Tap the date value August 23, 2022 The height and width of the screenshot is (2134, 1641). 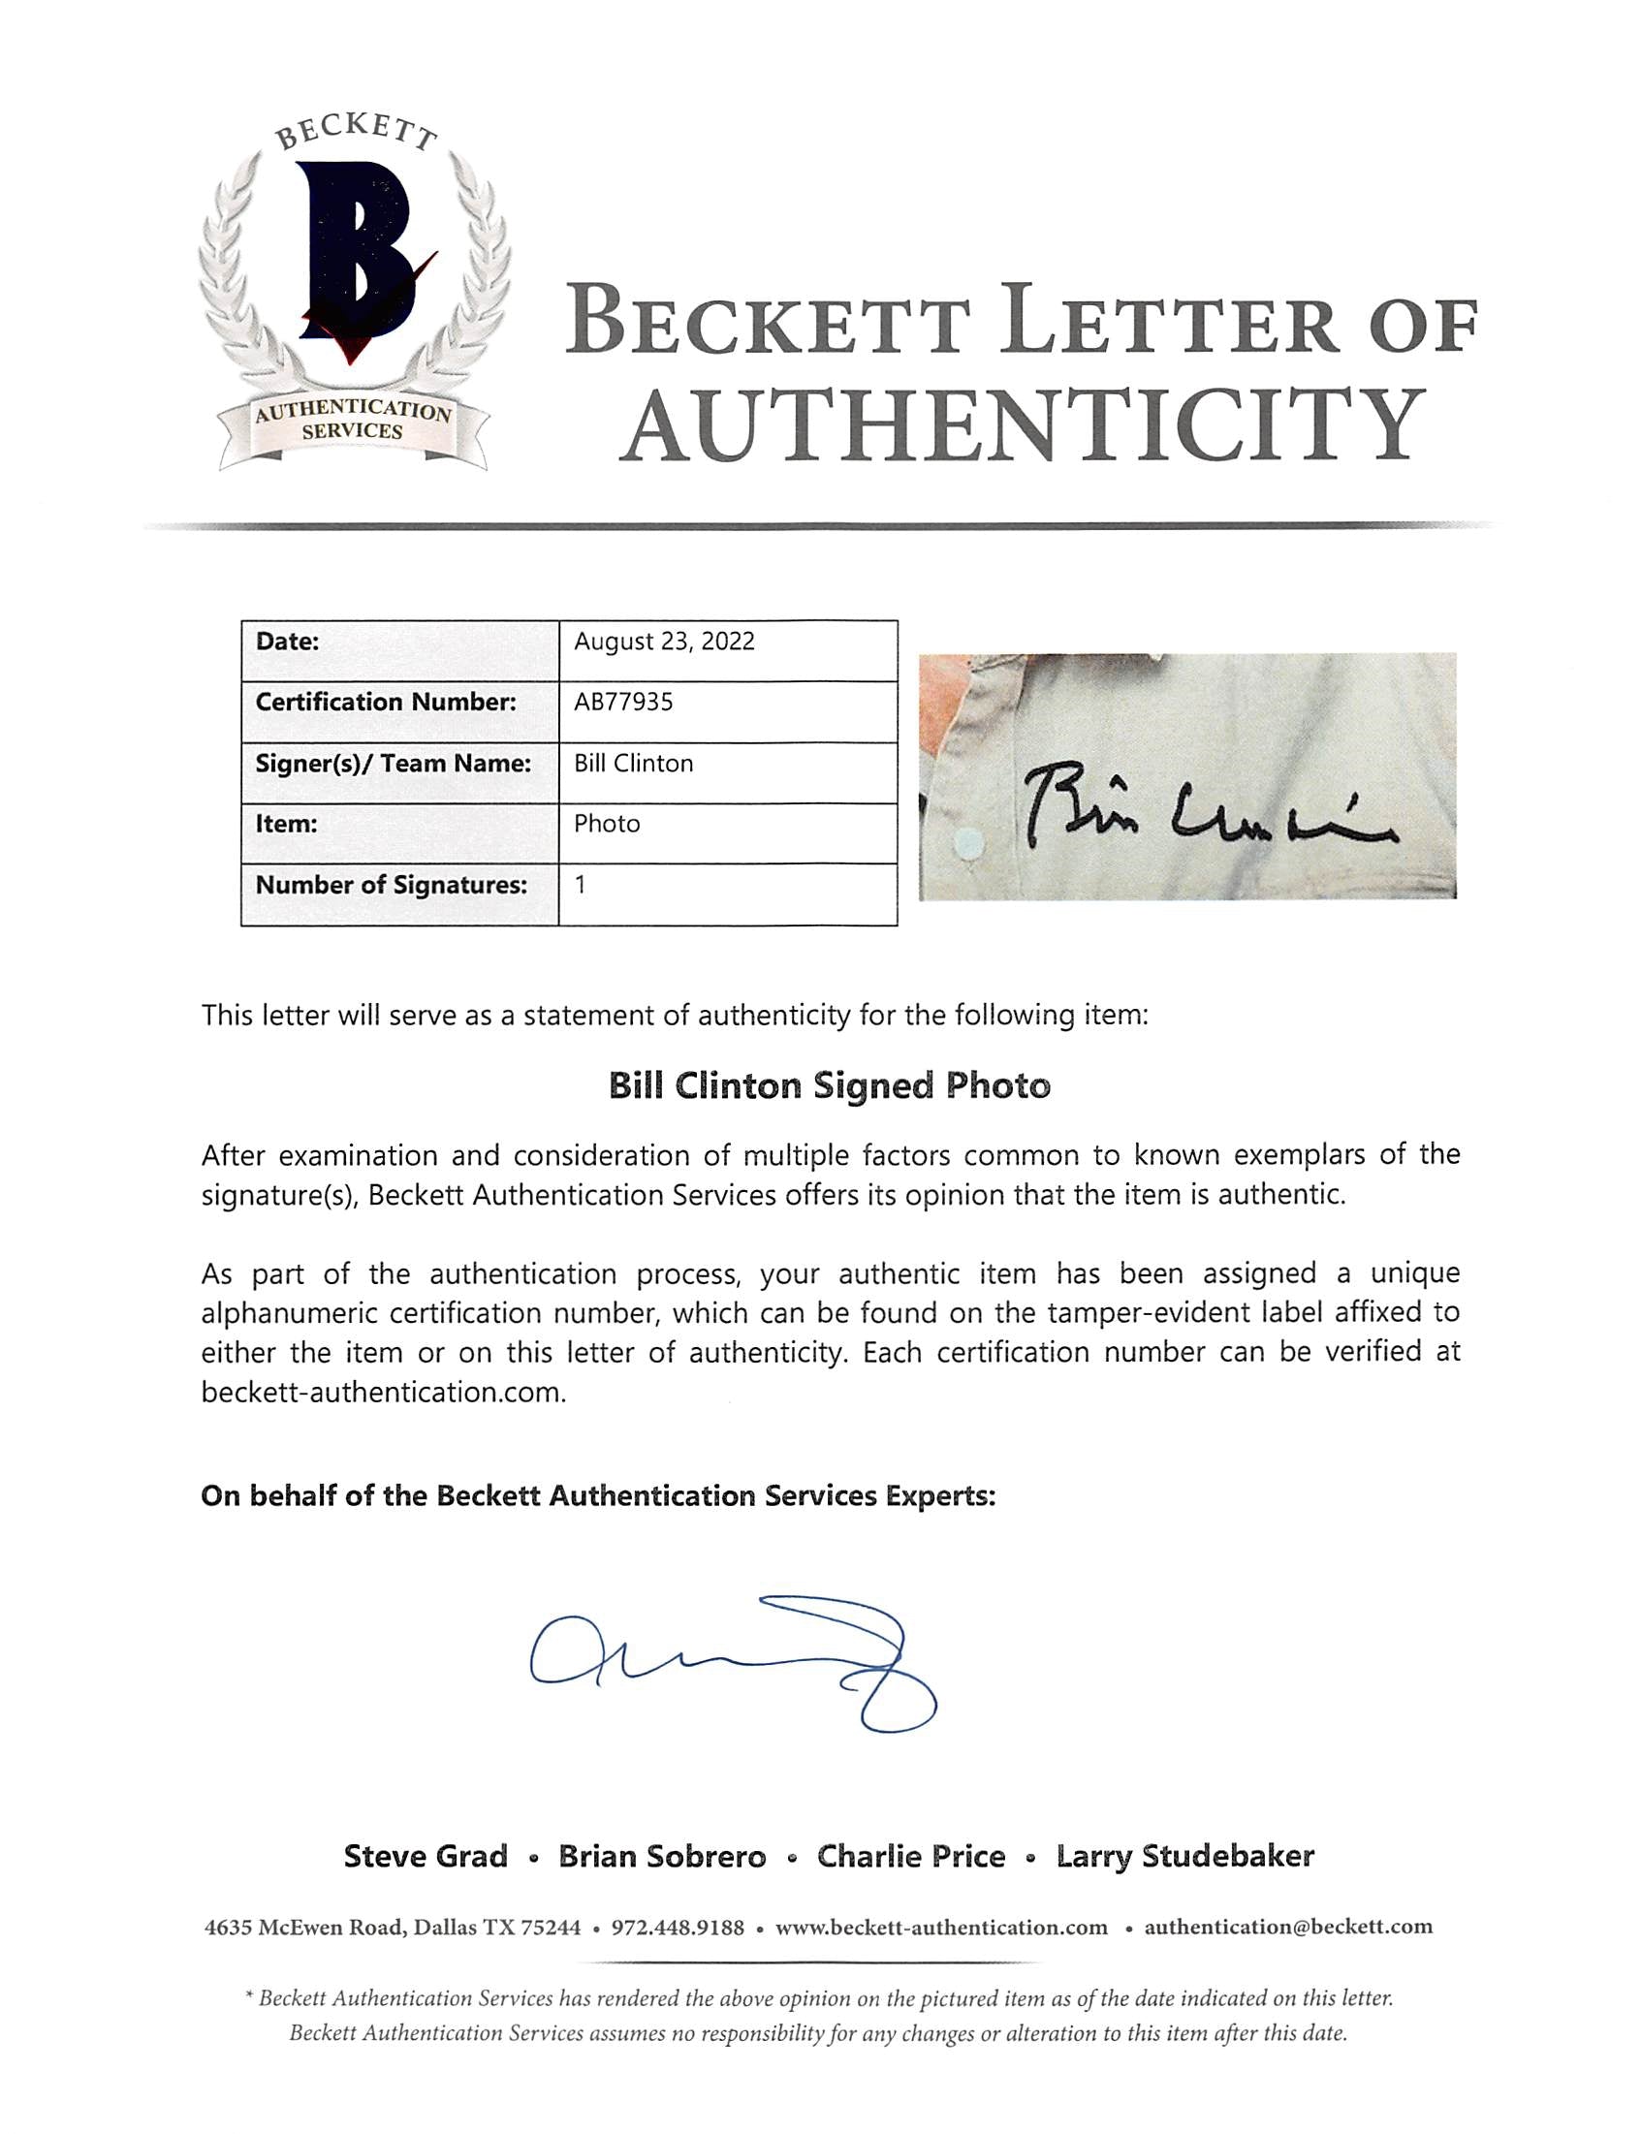click(664, 642)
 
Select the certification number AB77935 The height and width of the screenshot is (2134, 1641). click(623, 703)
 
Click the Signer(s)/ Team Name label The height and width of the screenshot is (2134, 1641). click(393, 764)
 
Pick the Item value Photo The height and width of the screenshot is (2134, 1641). click(607, 825)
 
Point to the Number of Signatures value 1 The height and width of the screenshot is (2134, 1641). click(582, 885)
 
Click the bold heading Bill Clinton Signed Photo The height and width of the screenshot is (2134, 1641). click(830, 1086)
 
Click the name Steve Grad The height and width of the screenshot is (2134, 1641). click(426, 1857)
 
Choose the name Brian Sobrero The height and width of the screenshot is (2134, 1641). click(662, 1857)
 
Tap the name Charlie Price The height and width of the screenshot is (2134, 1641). click(911, 1857)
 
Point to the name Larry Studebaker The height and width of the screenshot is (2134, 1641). click(1184, 1857)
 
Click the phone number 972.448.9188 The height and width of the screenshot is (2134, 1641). click(677, 1928)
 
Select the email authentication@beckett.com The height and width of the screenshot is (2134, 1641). click(1288, 1928)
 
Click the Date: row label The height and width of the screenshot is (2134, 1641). click(287, 642)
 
